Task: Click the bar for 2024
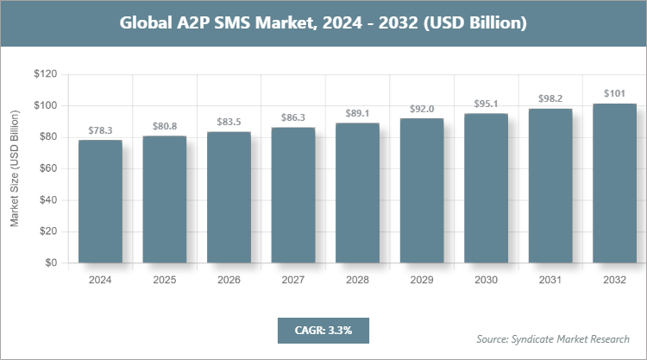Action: click(x=100, y=201)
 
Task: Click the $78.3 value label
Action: click(x=100, y=130)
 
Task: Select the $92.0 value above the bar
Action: click(x=421, y=109)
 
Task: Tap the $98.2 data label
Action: click(x=550, y=99)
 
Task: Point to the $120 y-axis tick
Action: click(x=45, y=74)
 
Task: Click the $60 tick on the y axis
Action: click(x=47, y=168)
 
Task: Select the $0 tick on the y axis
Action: click(x=51, y=262)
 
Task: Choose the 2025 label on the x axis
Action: click(x=164, y=280)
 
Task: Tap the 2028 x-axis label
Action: click(x=356, y=280)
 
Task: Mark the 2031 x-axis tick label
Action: click(x=550, y=280)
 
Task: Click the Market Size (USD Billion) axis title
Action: click(x=15, y=169)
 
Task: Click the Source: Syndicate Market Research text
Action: click(x=552, y=338)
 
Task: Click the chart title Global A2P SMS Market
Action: click(x=323, y=23)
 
